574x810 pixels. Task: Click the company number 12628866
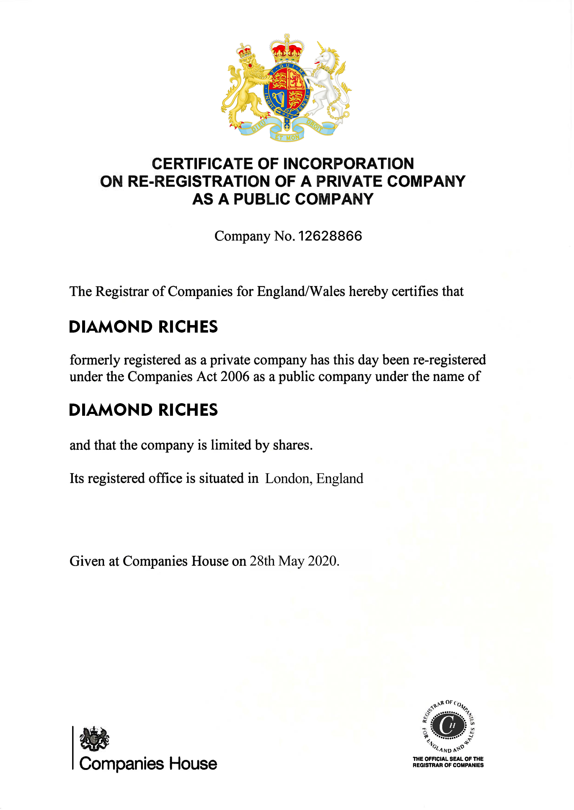pyautogui.click(x=330, y=236)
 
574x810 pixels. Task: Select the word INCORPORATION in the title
pyautogui.click(x=348, y=164)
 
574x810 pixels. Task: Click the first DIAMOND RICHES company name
pyautogui.click(x=143, y=327)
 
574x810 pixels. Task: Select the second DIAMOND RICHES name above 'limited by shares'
pyautogui.click(x=143, y=410)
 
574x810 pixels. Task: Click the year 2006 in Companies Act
pyautogui.click(x=235, y=377)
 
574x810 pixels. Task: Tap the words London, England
pyautogui.click(x=314, y=479)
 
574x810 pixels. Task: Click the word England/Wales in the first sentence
pyautogui.click(x=301, y=291)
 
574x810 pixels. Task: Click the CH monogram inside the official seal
pyautogui.click(x=448, y=725)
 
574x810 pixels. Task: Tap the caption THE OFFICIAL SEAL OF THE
pyautogui.click(x=448, y=759)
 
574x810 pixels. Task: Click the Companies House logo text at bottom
pyautogui.click(x=148, y=763)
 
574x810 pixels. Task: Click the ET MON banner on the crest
pyautogui.click(x=287, y=137)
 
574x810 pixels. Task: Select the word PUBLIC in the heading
pyautogui.click(x=262, y=199)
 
